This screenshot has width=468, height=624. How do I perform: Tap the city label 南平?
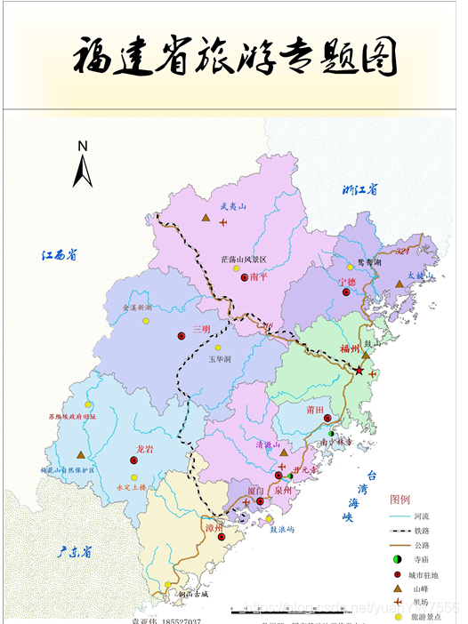(x=259, y=277)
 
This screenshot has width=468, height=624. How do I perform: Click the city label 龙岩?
(x=145, y=451)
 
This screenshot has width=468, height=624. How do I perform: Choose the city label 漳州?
(x=214, y=527)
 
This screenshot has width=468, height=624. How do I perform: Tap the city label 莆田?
(x=314, y=411)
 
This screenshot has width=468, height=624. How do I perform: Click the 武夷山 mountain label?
(x=207, y=205)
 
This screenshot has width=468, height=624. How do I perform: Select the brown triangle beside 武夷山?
(x=206, y=220)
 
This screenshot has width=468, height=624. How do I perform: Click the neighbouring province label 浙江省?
(x=360, y=190)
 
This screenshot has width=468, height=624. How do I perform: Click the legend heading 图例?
(x=400, y=499)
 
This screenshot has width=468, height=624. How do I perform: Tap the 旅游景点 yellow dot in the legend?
(x=395, y=616)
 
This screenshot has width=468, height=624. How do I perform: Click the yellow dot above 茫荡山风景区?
(x=237, y=268)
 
